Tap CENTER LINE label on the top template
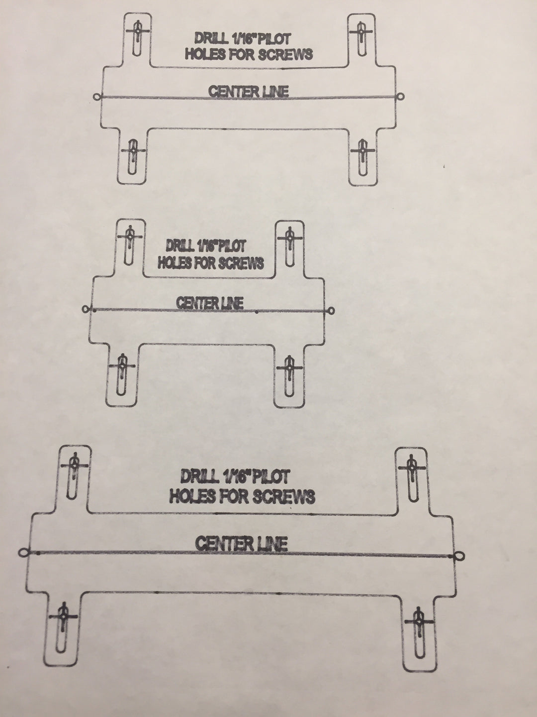coord(248,92)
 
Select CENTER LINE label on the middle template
coord(210,303)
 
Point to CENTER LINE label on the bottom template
coord(241,543)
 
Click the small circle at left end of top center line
coord(96,97)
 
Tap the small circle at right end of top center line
coord(401,96)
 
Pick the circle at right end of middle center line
coord(332,311)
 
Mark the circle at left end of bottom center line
coord(22,552)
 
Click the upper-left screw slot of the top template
coord(136,35)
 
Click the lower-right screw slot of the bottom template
coord(419,632)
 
